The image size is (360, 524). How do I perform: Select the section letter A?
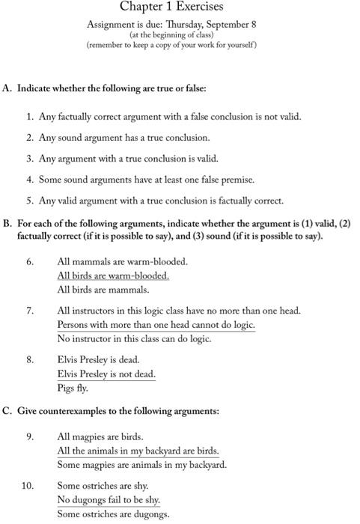[7, 88]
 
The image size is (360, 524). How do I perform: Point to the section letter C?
[7, 411]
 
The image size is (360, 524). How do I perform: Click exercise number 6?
[30, 262]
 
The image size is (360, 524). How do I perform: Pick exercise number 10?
[28, 486]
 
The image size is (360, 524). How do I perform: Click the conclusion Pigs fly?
[73, 388]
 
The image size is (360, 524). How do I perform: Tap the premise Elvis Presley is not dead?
[106, 374]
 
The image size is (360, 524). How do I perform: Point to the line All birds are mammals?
[103, 290]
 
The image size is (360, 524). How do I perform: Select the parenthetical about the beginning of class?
[171, 34]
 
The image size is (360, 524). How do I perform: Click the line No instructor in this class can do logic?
[134, 338]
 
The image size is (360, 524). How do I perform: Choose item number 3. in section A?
[30, 159]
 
